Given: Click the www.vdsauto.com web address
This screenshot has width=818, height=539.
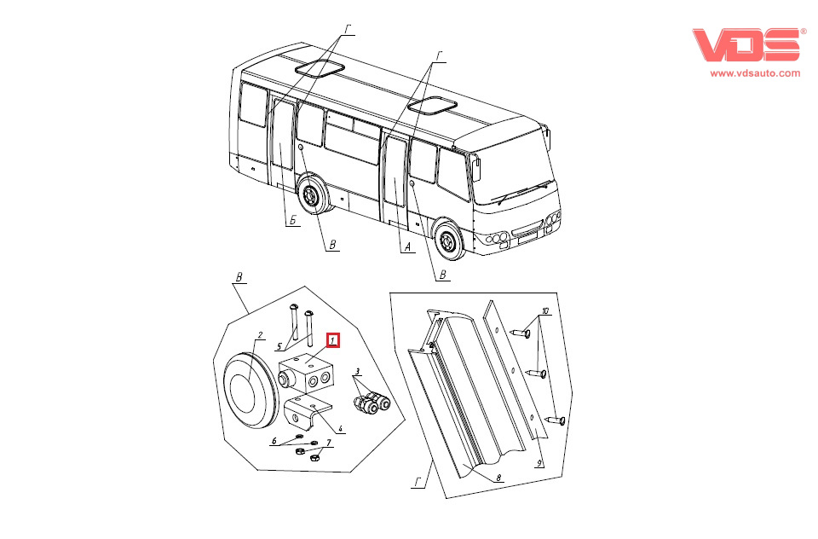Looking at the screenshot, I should click(x=755, y=73).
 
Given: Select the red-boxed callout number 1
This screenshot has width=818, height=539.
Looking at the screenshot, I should click(x=334, y=340).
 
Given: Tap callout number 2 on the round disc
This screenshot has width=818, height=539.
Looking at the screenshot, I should click(x=261, y=335).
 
